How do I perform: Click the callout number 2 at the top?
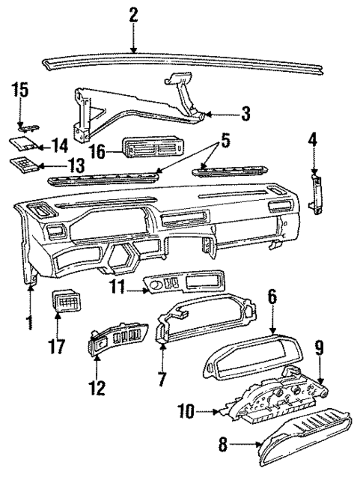tap(133, 14)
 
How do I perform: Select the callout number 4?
tap(313, 139)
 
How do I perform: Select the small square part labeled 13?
tap(20, 164)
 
